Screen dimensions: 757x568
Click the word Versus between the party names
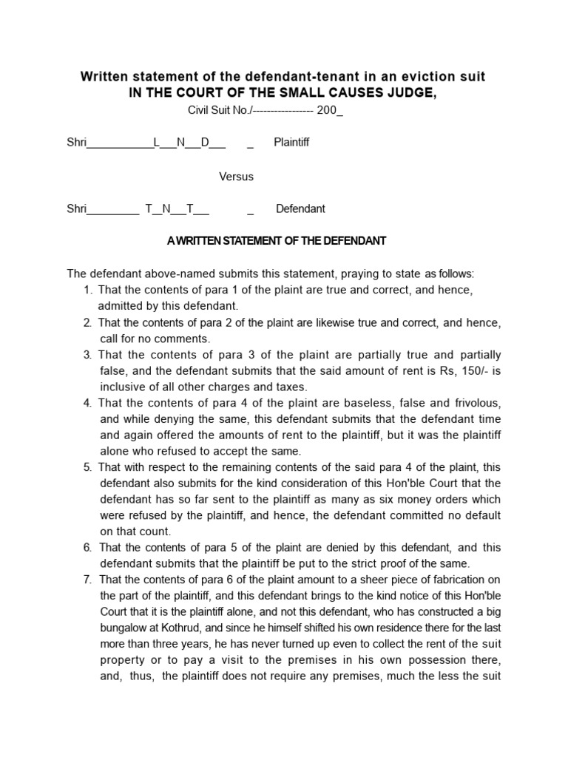pyautogui.click(x=236, y=177)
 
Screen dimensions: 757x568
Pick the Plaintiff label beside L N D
pyautogui.click(x=291, y=142)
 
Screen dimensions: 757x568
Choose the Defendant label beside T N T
pyautogui.click(x=300, y=209)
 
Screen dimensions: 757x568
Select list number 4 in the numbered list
pyautogui.click(x=88, y=403)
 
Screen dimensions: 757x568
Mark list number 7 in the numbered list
pyautogui.click(x=88, y=579)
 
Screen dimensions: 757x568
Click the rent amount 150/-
pyautogui.click(x=470, y=370)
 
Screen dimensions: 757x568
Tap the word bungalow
pyautogui.click(x=123, y=628)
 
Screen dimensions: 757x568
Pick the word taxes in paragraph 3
pyautogui.click(x=289, y=387)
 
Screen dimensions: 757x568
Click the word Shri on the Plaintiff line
pyautogui.click(x=77, y=142)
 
